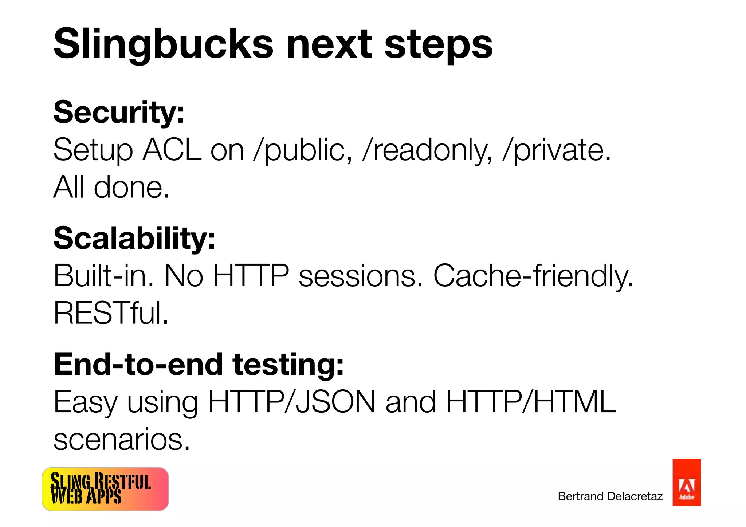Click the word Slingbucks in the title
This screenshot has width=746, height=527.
point(163,44)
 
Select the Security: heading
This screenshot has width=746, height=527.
point(119,112)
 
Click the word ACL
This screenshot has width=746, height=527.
point(172,150)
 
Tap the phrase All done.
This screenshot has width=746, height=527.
point(111,187)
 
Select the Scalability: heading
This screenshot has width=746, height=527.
point(134,238)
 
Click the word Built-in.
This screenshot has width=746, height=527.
point(104,276)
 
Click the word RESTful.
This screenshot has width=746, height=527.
point(111,313)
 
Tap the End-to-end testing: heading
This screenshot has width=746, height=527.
point(199,364)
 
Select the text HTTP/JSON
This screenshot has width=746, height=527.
point(292,402)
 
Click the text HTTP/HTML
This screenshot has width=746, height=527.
point(531,402)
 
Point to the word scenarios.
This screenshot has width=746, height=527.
point(122,440)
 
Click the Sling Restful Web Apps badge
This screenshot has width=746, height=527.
point(105,489)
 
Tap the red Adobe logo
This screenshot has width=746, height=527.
point(686,482)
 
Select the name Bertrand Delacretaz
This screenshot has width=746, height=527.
point(610,496)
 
